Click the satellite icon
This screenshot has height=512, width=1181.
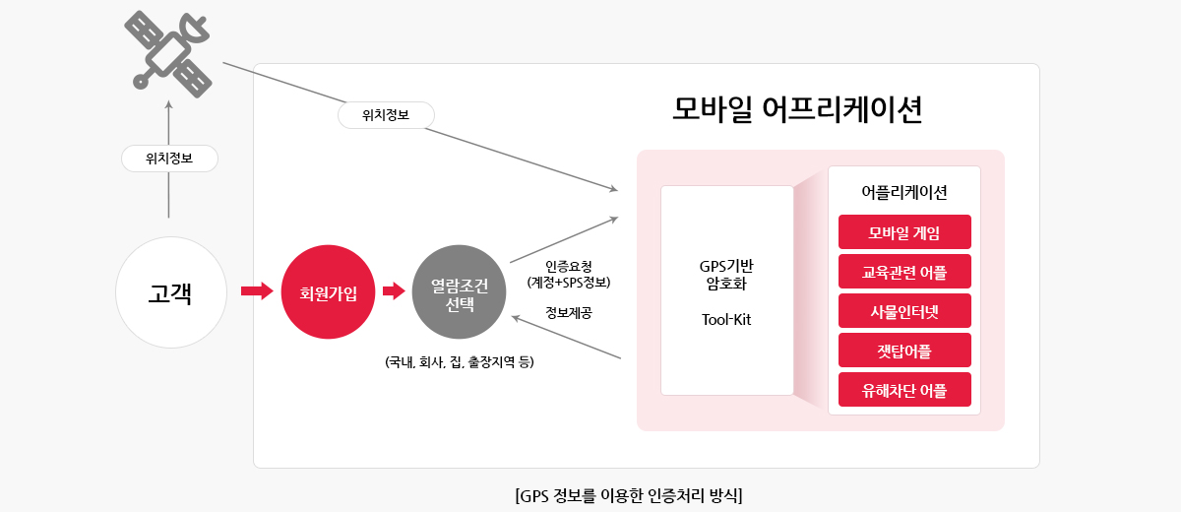(x=167, y=54)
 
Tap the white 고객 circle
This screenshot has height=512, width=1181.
(x=171, y=292)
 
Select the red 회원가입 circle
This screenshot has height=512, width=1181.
(x=328, y=291)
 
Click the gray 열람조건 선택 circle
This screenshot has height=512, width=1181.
(x=459, y=291)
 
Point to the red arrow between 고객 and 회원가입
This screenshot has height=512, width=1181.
(x=257, y=291)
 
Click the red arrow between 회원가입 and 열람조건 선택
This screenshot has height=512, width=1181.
(x=394, y=291)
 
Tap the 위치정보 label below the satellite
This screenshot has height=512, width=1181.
(x=169, y=159)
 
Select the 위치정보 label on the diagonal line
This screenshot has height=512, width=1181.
(x=386, y=115)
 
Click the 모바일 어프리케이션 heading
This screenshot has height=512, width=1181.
(x=797, y=109)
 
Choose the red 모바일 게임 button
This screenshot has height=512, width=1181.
(x=904, y=232)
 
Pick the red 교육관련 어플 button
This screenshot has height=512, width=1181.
(x=904, y=272)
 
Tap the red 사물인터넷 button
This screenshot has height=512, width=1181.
(x=904, y=311)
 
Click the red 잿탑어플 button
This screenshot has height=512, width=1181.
(x=904, y=351)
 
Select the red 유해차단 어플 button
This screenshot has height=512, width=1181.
(x=904, y=390)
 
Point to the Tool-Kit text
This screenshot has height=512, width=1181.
(x=726, y=320)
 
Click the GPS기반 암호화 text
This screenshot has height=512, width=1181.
(x=726, y=275)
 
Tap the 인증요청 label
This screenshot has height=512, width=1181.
(x=569, y=266)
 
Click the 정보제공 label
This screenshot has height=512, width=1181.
(x=569, y=313)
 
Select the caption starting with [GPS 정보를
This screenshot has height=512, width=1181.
(x=629, y=495)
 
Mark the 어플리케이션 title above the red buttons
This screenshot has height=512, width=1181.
(x=904, y=192)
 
